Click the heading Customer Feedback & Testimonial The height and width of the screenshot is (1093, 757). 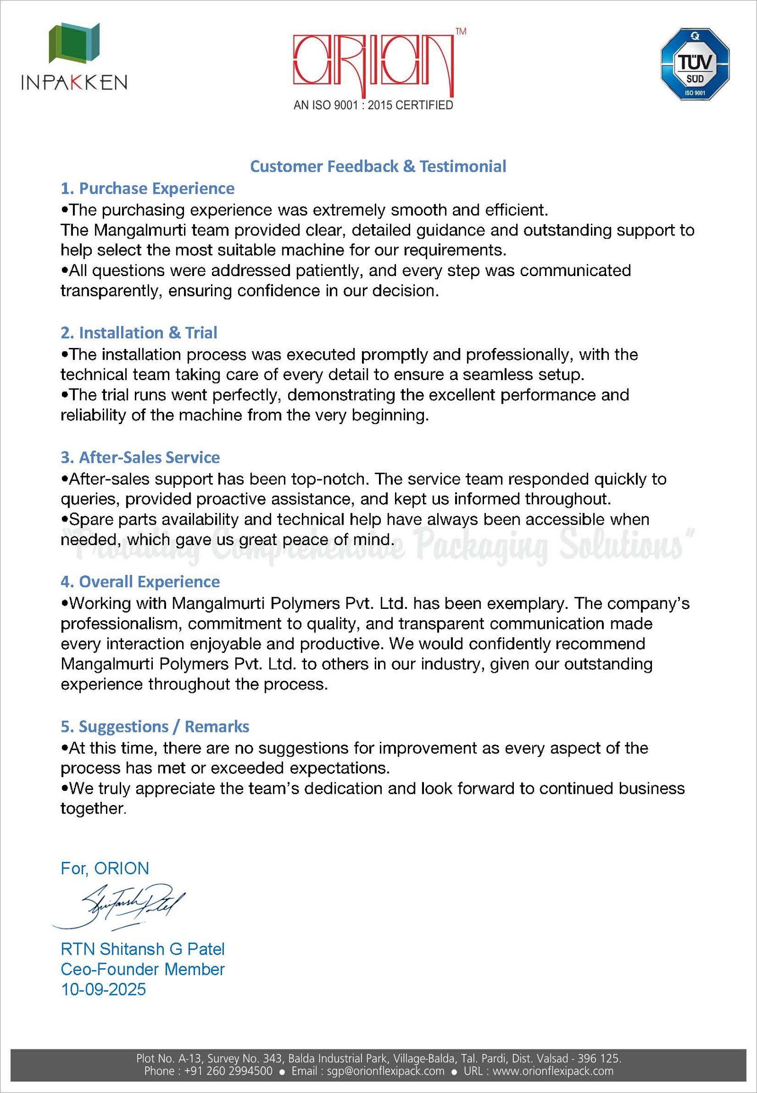coord(378,166)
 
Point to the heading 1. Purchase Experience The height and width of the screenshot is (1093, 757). coord(148,189)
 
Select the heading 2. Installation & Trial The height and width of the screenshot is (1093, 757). coord(139,333)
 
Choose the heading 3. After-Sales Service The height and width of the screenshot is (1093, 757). coord(141,458)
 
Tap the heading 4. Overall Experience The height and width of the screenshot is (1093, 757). coord(141,581)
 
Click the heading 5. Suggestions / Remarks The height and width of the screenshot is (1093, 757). coord(155,726)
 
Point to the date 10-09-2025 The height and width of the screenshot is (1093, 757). coord(104,989)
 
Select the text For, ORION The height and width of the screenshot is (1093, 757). coord(105,868)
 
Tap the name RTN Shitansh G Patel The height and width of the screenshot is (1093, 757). coord(143,948)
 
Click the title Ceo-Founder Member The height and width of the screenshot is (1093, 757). coord(143,969)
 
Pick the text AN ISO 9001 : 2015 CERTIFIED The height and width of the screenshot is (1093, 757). coord(373,105)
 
